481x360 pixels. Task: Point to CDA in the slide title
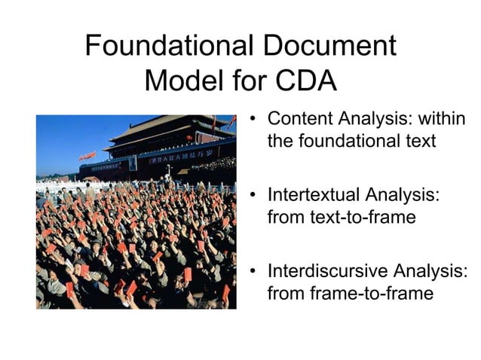click(x=303, y=81)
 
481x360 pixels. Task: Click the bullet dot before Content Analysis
click(x=256, y=120)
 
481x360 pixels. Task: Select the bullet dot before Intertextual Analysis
click(x=256, y=196)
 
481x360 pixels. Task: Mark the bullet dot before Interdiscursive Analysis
click(x=256, y=272)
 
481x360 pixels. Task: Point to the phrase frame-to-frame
click(x=372, y=293)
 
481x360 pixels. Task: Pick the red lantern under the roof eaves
click(x=190, y=139)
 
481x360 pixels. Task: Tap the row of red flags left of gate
click(x=87, y=156)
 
